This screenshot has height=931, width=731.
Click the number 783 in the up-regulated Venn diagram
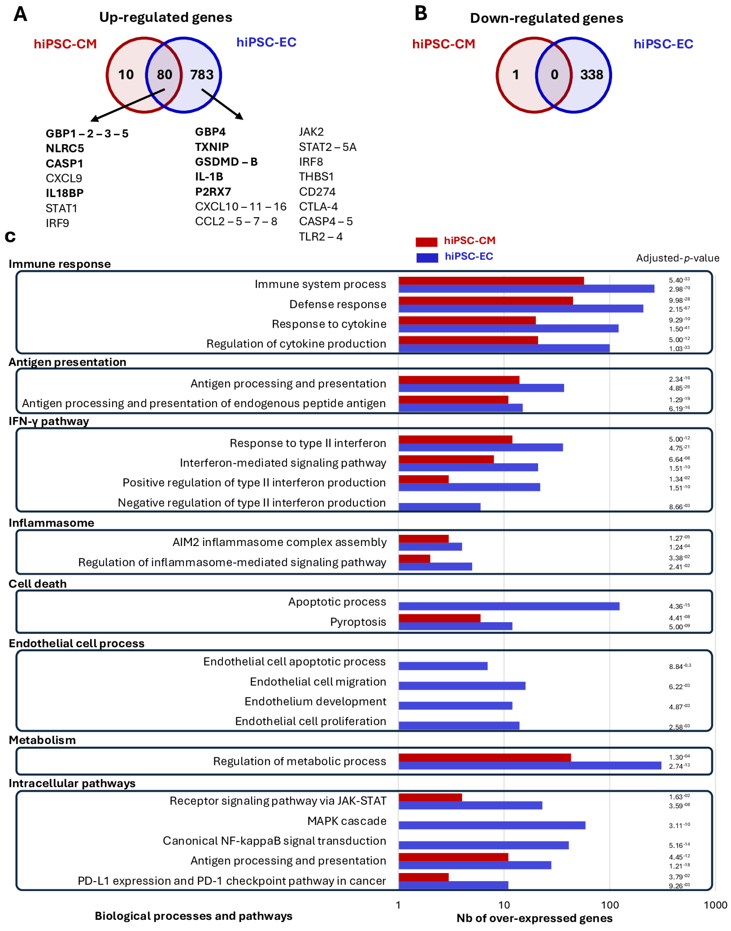(x=201, y=75)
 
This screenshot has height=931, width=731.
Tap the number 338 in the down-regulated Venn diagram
(x=592, y=75)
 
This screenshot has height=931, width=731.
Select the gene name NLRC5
(x=65, y=149)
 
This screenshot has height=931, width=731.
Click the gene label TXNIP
(x=212, y=147)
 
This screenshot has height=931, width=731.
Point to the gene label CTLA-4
(x=318, y=207)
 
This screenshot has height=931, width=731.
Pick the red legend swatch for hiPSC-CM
(x=426, y=242)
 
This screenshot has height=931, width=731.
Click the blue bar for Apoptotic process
(x=509, y=606)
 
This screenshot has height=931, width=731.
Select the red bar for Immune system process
(x=491, y=281)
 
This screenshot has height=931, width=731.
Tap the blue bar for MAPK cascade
(x=492, y=825)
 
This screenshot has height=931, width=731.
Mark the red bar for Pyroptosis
(x=439, y=618)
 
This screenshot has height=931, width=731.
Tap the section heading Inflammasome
(x=51, y=523)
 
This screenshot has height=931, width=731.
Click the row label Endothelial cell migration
(x=318, y=682)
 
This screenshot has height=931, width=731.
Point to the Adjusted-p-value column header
(x=677, y=258)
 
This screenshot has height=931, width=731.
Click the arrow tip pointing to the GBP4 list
(x=242, y=119)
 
